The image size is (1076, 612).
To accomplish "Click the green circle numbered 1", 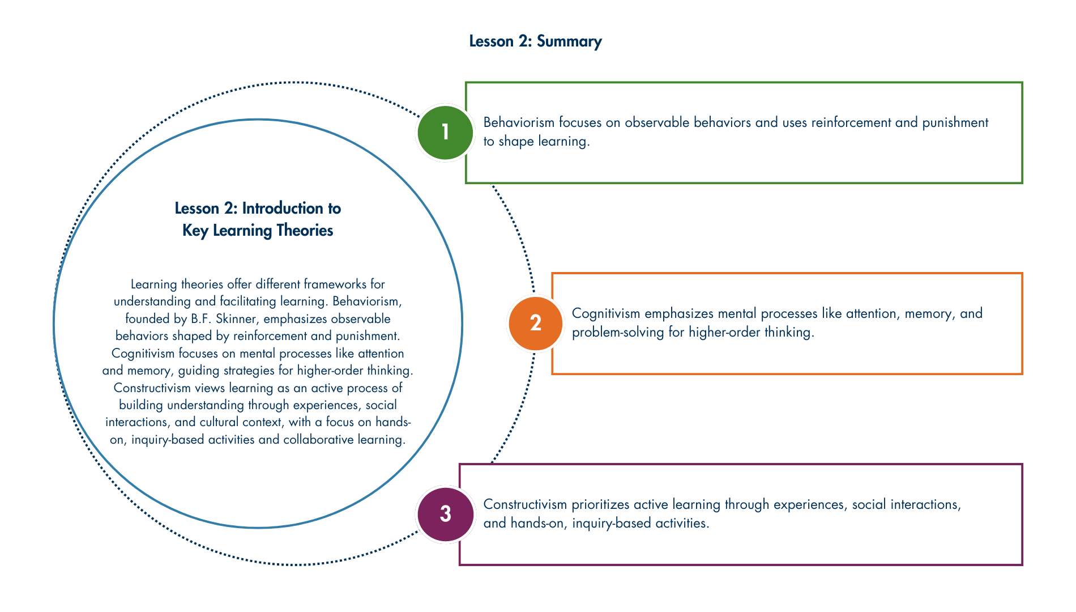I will pos(445,133).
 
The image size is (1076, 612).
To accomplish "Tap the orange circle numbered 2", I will pos(535,323).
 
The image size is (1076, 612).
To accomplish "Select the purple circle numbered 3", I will pos(445,514).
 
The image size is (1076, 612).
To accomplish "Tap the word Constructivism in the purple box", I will pos(525,504).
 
